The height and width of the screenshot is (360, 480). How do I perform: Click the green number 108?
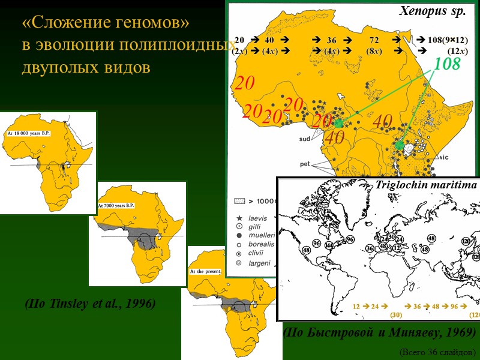(x=447, y=64)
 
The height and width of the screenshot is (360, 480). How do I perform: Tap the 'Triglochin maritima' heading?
(x=426, y=185)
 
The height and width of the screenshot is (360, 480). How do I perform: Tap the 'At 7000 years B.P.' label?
(x=116, y=205)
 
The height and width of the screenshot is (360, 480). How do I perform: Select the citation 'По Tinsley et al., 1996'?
(x=90, y=304)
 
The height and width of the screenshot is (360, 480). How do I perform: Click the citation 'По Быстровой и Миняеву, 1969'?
(x=379, y=332)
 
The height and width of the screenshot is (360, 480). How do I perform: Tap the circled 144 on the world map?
(x=329, y=245)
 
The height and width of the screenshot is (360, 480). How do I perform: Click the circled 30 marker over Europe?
(x=391, y=237)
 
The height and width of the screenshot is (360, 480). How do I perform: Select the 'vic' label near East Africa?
(x=443, y=157)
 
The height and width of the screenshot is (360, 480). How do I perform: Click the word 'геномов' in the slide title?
(x=151, y=23)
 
